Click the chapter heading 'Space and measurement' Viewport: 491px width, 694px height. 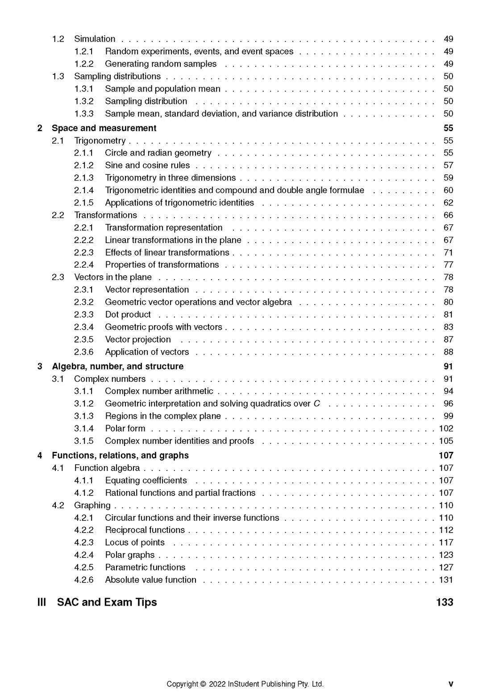104,128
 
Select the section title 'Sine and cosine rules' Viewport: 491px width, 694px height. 147,165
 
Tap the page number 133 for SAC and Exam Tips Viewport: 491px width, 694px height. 445,602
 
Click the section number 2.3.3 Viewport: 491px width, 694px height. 84,314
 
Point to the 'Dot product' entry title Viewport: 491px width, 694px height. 128,314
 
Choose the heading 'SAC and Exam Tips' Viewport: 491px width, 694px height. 107,602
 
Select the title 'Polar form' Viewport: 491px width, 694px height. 125,429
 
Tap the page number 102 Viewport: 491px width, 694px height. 446,429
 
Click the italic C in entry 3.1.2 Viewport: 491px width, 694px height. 317,404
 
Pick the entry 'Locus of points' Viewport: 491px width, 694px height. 135,543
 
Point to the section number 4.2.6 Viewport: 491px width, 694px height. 84,580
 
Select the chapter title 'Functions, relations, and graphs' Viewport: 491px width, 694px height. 120,455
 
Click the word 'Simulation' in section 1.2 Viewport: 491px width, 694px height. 95,39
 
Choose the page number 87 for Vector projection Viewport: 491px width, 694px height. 448,339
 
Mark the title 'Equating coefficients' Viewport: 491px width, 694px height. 146,480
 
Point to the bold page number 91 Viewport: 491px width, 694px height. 448,367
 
